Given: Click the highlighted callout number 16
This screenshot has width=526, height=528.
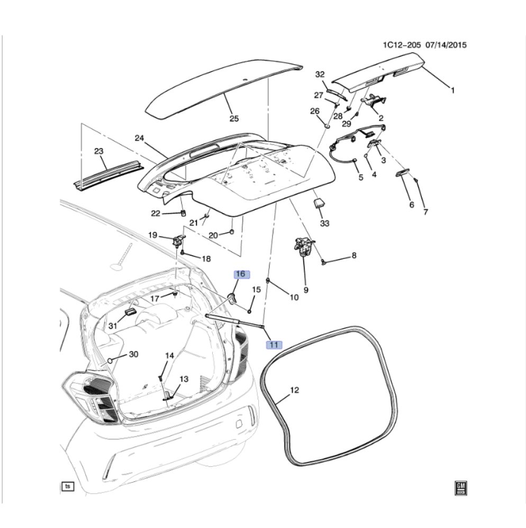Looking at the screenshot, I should pos(241,274).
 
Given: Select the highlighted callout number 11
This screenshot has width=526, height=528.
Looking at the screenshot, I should pos(274,345).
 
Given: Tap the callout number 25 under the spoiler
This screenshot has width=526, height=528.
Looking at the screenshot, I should pos(234,118).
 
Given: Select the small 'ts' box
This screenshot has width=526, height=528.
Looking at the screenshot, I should pos(67,487).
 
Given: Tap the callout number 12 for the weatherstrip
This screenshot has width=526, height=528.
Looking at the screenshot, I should pos(295,391).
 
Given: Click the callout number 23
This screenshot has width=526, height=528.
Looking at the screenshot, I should pos(98,151).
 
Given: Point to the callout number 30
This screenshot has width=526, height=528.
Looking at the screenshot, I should pos(133,354).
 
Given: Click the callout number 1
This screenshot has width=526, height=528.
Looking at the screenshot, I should pos(452,91).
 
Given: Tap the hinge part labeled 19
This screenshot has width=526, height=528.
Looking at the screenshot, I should pos(178,239).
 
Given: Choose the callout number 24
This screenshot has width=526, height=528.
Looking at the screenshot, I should pos(139,138).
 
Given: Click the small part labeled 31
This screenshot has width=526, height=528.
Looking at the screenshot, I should pos(130,314).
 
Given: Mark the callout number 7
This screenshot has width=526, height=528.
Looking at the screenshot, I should pos(425,212).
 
